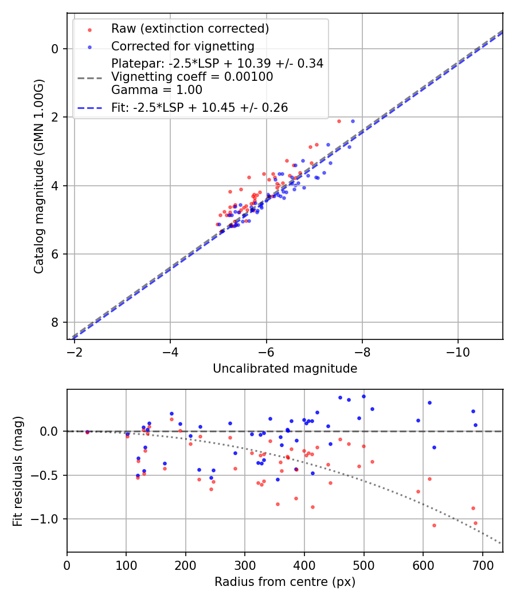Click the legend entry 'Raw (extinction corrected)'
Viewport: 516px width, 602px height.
pos(190,29)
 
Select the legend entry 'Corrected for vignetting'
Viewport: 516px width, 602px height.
pos(182,46)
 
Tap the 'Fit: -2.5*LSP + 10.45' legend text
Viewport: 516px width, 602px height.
pos(200,107)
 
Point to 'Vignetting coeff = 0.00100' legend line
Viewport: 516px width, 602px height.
pos(192,76)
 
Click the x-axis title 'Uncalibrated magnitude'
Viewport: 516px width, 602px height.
pos(285,369)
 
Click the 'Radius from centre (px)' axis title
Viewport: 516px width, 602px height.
pos(285,582)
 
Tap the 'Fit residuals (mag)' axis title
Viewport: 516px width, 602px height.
pos(18,471)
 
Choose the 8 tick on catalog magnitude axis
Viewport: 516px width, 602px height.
pos(56,322)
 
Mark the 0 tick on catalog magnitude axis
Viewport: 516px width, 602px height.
pos(56,49)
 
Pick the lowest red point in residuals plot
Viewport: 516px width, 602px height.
pos(434,525)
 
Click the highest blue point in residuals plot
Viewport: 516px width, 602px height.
pos(363,396)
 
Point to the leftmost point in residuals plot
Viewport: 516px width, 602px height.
pos(87,432)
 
